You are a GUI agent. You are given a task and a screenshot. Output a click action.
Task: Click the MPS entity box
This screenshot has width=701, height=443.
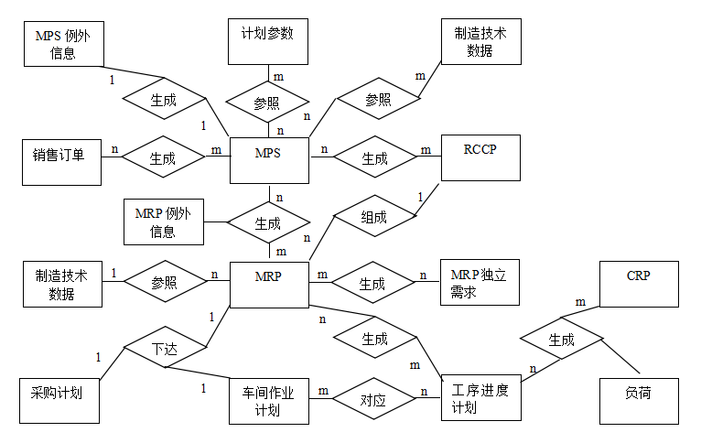pyautogui.click(x=269, y=160)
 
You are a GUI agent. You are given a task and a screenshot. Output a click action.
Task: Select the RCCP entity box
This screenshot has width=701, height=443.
pyautogui.click(x=480, y=157)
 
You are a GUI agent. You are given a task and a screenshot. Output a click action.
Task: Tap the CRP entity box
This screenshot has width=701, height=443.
pyautogui.click(x=639, y=285)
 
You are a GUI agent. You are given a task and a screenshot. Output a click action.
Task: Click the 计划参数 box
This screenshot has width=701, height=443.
pyautogui.click(x=268, y=41)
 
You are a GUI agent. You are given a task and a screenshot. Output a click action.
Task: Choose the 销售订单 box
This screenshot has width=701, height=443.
pyautogui.click(x=61, y=162)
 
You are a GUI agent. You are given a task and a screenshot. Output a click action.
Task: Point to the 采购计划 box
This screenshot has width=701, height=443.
pyautogui.click(x=59, y=401)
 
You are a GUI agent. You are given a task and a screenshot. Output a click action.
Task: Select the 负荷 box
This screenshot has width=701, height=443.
pyautogui.click(x=639, y=402)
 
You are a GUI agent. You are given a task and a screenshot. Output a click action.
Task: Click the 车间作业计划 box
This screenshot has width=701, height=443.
pyautogui.click(x=269, y=402)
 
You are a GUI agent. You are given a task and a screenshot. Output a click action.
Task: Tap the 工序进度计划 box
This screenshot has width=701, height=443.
pyautogui.click(x=481, y=398)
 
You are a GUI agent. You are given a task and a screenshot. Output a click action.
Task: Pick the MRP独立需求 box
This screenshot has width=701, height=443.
pyautogui.click(x=480, y=283)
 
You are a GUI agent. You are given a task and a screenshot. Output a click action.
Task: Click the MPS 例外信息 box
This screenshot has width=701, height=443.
pyautogui.click(x=64, y=44)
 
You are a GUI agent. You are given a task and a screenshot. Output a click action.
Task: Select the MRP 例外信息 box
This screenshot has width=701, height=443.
pyautogui.click(x=164, y=221)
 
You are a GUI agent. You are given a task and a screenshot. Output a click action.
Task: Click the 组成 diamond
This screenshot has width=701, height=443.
pyautogui.click(x=374, y=216)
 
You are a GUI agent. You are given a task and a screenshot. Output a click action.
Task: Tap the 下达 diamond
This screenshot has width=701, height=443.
pyautogui.click(x=165, y=347)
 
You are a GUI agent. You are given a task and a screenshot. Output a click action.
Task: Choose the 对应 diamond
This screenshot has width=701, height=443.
pyautogui.click(x=374, y=399)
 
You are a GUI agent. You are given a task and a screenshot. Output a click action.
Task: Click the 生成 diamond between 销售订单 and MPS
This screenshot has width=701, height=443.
pyautogui.click(x=163, y=157)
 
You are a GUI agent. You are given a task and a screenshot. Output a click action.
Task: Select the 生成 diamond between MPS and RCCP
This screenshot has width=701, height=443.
pyautogui.click(x=375, y=157)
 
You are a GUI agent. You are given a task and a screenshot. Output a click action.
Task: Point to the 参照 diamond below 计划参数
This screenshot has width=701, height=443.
pyautogui.click(x=267, y=102)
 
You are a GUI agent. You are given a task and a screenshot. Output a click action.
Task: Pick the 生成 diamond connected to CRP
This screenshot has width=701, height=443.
pyautogui.click(x=562, y=339)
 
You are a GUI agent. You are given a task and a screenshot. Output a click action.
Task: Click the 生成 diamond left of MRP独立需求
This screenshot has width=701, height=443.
pyautogui.click(x=372, y=283)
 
